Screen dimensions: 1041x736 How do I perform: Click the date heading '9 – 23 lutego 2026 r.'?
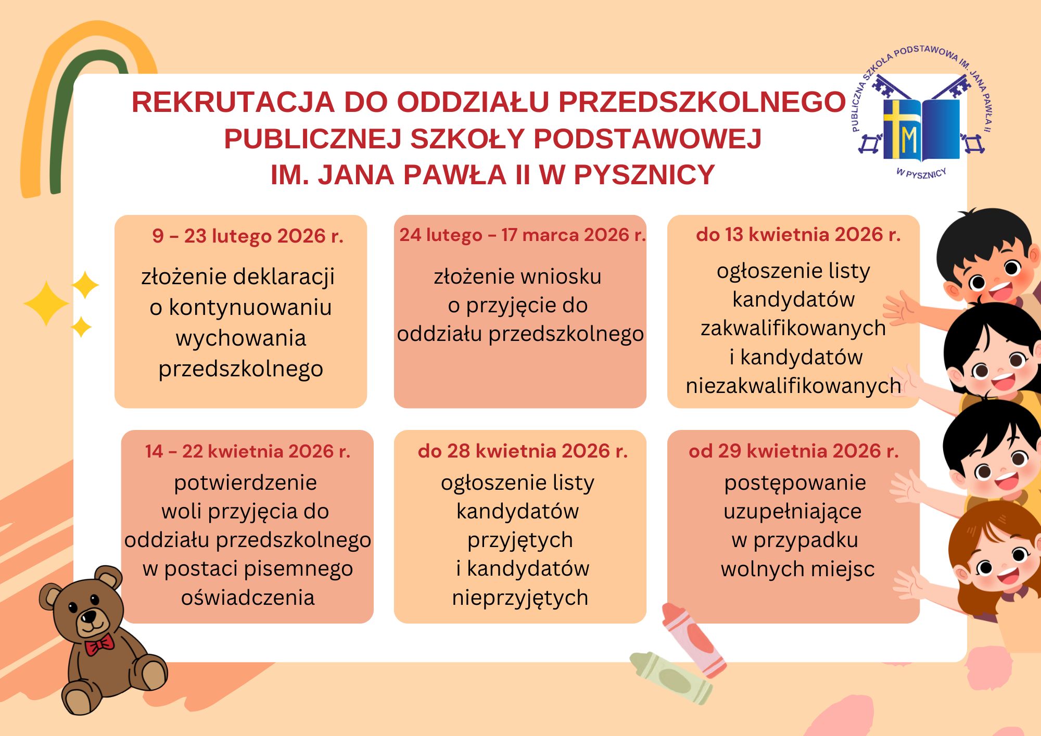[248, 236]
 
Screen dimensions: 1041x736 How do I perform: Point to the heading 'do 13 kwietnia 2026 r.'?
[798, 235]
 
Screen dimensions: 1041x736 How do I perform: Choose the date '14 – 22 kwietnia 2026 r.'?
[248, 451]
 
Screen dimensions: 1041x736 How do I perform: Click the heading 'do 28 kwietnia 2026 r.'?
[523, 451]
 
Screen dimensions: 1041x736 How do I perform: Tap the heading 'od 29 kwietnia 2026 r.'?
[794, 451]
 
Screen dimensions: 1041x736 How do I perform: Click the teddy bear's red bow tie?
[99, 645]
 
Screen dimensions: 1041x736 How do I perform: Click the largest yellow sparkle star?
[46, 303]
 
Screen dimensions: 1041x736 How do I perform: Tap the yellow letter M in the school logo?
[908, 139]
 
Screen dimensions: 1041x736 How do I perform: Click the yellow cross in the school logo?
[895, 128]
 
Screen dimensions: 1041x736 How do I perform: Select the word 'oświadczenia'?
[248, 598]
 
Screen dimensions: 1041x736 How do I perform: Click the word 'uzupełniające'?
[793, 512]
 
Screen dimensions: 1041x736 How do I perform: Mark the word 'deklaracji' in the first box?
[283, 277]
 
